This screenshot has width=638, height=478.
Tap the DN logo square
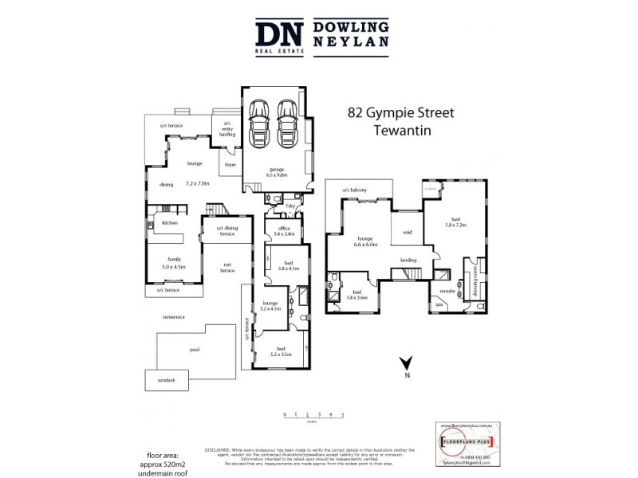[x=278, y=37]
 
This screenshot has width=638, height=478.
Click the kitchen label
[x=170, y=223]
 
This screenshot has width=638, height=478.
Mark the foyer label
[x=230, y=165]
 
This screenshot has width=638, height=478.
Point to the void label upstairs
[x=407, y=233]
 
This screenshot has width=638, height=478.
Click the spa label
[x=439, y=304]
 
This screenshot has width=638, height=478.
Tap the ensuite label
[x=447, y=292]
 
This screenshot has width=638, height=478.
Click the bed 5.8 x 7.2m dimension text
[x=455, y=225]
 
